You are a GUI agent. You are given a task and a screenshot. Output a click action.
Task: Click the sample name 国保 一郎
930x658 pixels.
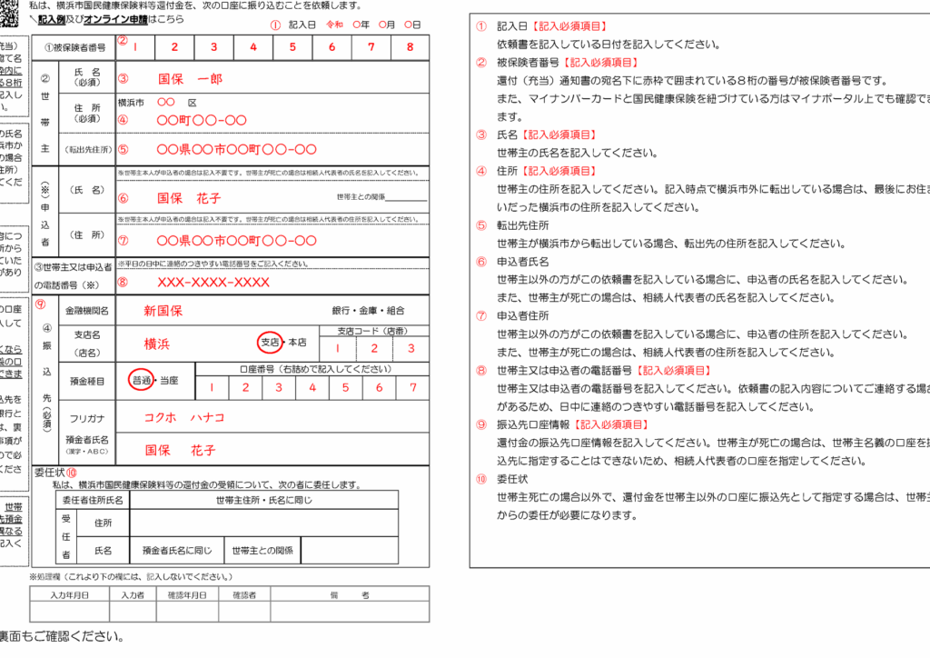pyautogui.click(x=189, y=79)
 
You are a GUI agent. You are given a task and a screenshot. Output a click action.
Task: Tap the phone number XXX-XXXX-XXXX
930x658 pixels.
pyautogui.click(x=213, y=282)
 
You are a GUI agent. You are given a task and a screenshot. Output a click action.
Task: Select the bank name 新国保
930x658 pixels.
pyautogui.click(x=163, y=310)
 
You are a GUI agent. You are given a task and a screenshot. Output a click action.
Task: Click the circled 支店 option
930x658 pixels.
pyautogui.click(x=269, y=343)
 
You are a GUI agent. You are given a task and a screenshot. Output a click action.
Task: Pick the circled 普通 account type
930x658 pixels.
pyautogui.click(x=141, y=380)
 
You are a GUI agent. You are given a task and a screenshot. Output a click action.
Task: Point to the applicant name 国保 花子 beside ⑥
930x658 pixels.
pyautogui.click(x=189, y=197)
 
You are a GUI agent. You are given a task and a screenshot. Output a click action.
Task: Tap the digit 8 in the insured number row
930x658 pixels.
pyautogui.click(x=410, y=47)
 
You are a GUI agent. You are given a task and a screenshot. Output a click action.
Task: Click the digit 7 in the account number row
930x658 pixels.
pyautogui.click(x=412, y=387)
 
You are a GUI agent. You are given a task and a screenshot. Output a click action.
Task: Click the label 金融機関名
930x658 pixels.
pyautogui.click(x=87, y=311)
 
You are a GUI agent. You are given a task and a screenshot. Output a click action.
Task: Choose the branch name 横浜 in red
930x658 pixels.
pyautogui.click(x=157, y=344)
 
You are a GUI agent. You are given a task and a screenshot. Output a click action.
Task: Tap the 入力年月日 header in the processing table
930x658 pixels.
pyautogui.click(x=70, y=594)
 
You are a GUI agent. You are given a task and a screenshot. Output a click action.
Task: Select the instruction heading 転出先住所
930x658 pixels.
pyautogui.click(x=523, y=225)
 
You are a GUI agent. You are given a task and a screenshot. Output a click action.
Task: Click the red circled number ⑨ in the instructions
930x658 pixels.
pyautogui.click(x=481, y=424)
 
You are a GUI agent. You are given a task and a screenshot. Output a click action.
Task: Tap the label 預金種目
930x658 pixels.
pyautogui.click(x=87, y=383)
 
